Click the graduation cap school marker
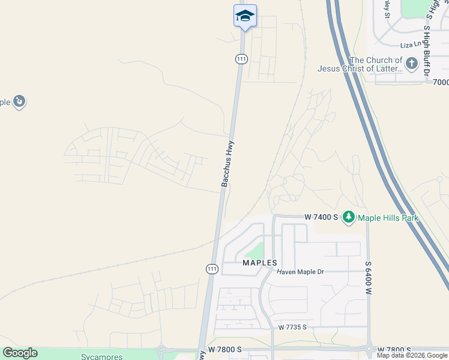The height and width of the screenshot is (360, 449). click(x=245, y=15)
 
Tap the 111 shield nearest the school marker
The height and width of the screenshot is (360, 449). click(x=241, y=58)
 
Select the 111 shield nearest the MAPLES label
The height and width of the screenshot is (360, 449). click(x=212, y=269)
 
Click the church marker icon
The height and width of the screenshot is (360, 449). click(x=411, y=63)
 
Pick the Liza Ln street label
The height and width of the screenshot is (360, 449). click(x=412, y=45)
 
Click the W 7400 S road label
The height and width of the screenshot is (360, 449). click(x=321, y=217)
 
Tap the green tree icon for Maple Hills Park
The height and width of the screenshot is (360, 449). click(x=349, y=217)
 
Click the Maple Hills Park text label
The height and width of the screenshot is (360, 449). click(x=388, y=218)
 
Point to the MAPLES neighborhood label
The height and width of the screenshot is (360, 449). click(x=260, y=263)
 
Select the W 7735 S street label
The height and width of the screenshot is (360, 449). click(x=292, y=328)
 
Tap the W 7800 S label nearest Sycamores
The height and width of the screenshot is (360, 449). click(x=224, y=349)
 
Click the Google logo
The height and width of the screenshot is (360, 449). click(x=20, y=353)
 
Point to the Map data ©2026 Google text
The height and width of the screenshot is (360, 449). click(x=412, y=355)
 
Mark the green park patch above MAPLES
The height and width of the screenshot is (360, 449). click(x=256, y=250)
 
